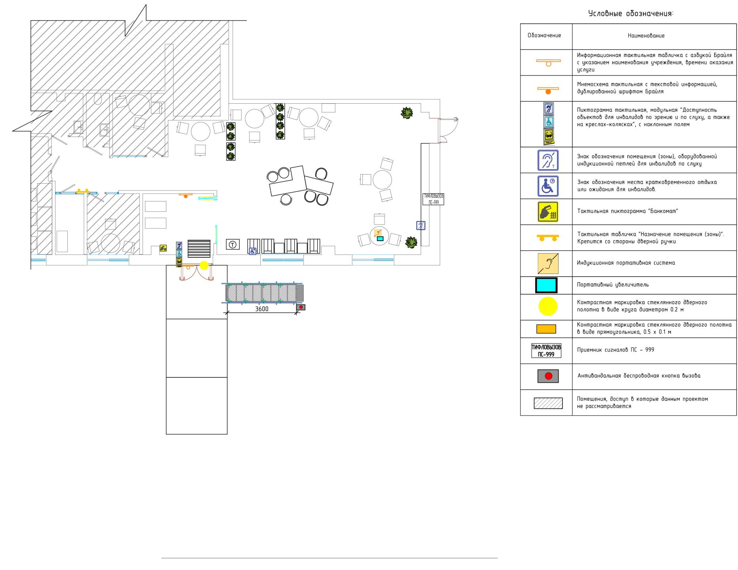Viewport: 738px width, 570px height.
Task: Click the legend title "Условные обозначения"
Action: pyautogui.click(x=631, y=14)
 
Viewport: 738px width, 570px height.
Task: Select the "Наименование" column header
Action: pyautogui.click(x=646, y=36)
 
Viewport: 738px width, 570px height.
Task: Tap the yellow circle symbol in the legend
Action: pyautogui.click(x=548, y=306)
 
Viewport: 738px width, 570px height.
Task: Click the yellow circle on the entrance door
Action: pyautogui.click(x=204, y=265)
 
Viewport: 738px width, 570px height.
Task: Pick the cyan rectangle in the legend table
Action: pyautogui.click(x=546, y=285)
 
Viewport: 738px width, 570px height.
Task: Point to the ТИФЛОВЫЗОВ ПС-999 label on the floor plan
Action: pyautogui.click(x=433, y=199)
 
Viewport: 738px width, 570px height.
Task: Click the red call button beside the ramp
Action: pyautogui.click(x=301, y=307)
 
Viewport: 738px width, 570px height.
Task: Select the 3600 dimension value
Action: pyautogui.click(x=261, y=309)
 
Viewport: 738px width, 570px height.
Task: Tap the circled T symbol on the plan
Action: pyautogui.click(x=233, y=245)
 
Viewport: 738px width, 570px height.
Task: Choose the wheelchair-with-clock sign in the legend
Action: pyautogui.click(x=548, y=186)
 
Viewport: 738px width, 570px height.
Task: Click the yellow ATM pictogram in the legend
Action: pyautogui.click(x=548, y=212)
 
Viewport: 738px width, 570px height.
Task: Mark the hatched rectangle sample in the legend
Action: pyautogui.click(x=548, y=403)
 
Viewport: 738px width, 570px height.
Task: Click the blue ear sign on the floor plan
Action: pyautogui.click(x=421, y=226)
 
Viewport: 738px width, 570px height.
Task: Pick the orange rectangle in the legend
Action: pyautogui.click(x=546, y=329)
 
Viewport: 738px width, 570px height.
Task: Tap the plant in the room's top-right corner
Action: pyautogui.click(x=406, y=113)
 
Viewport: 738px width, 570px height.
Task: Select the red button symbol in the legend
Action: pyautogui.click(x=548, y=376)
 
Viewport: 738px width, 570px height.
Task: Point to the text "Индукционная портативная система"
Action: pyautogui.click(x=626, y=263)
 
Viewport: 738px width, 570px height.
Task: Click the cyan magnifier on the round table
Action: pyautogui.click(x=380, y=238)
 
